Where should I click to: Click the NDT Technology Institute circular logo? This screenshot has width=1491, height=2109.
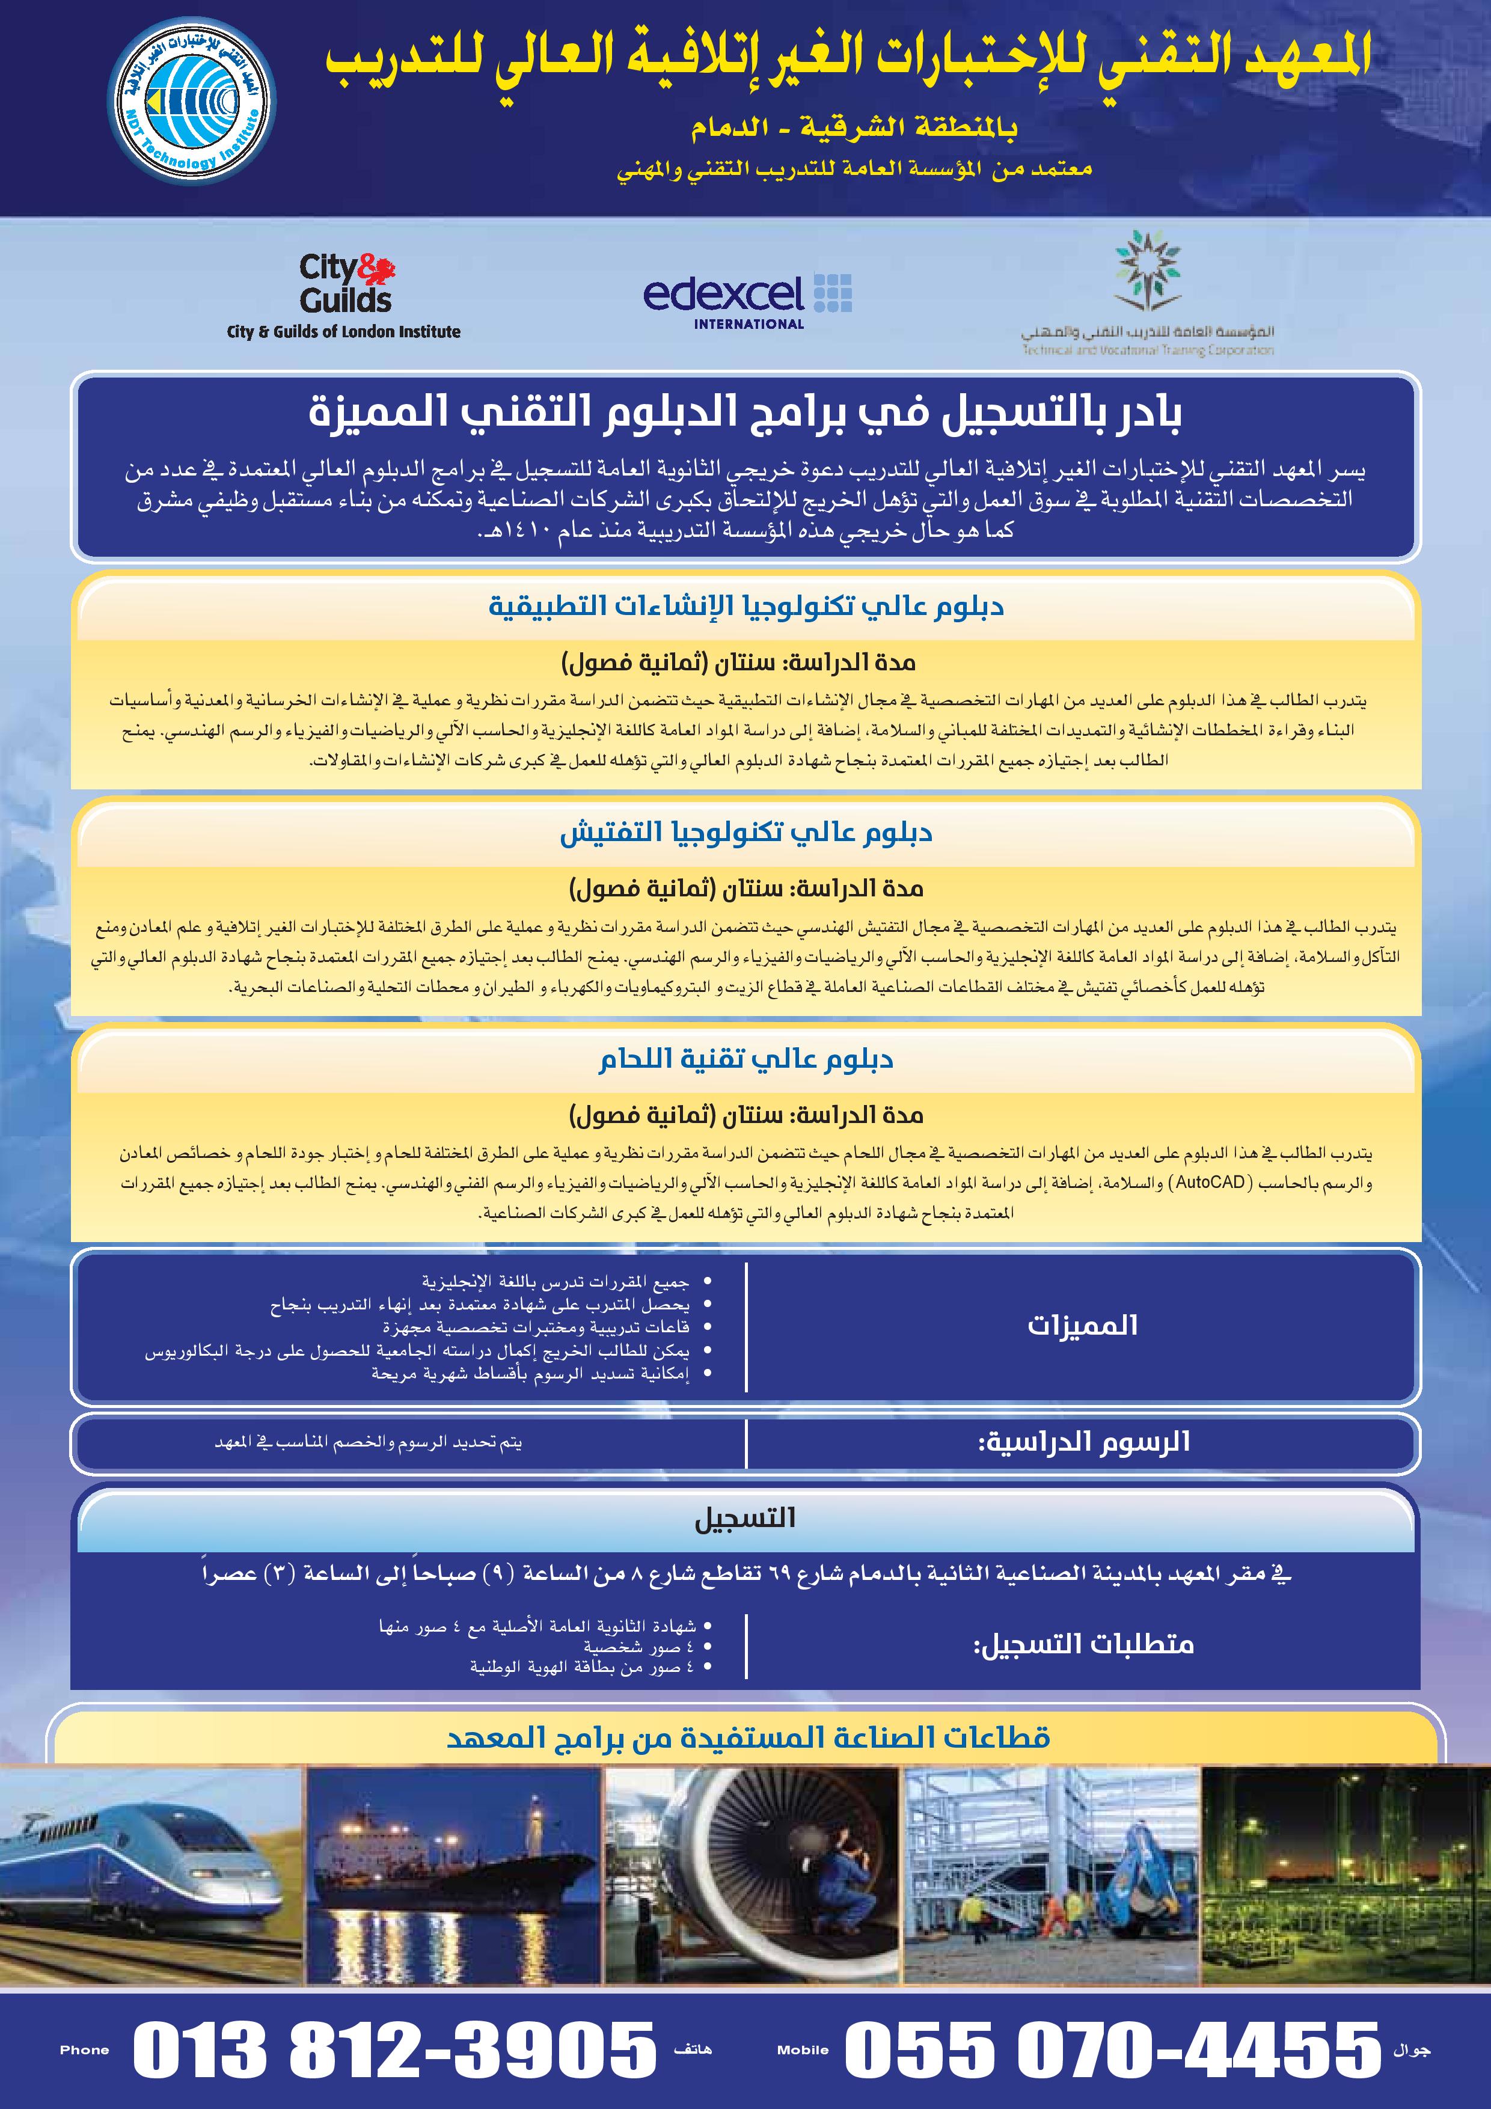click(x=191, y=108)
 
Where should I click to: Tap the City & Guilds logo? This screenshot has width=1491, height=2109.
click(x=346, y=285)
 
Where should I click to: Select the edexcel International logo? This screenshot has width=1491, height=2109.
click(x=747, y=299)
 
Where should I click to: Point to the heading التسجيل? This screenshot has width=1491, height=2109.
click(x=745, y=1519)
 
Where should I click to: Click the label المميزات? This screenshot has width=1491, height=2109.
click(x=1082, y=1326)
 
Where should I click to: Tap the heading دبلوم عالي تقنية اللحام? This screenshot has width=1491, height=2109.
click(x=746, y=1059)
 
